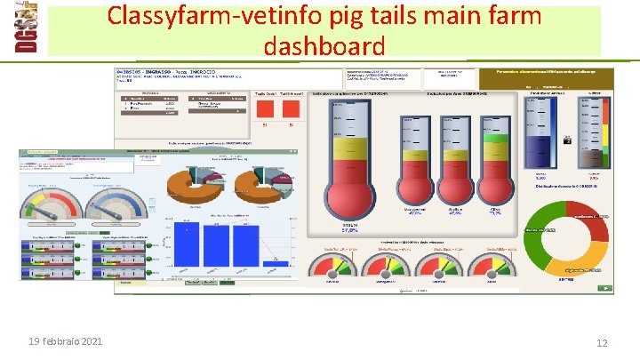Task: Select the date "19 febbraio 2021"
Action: [x=65, y=342]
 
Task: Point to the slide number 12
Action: [x=602, y=343]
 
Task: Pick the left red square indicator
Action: [x=265, y=108]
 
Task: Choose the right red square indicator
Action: [x=290, y=108]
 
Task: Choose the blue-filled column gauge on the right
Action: [x=540, y=133]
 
